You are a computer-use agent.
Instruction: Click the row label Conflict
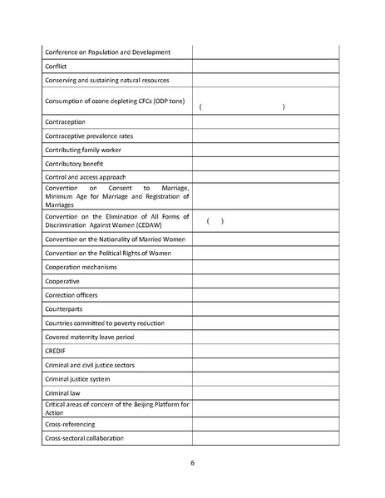point(57,66)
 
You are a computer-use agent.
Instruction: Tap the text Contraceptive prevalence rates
point(89,136)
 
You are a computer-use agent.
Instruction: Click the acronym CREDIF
point(57,351)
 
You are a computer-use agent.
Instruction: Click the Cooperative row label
point(64,281)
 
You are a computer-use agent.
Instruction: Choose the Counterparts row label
point(67,308)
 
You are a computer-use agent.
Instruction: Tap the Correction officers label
point(74,295)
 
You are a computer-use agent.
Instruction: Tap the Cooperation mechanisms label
point(81,267)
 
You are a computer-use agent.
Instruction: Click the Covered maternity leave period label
point(90,337)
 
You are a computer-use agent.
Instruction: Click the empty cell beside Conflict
point(265,66)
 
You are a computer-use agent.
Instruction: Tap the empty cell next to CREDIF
point(265,351)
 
